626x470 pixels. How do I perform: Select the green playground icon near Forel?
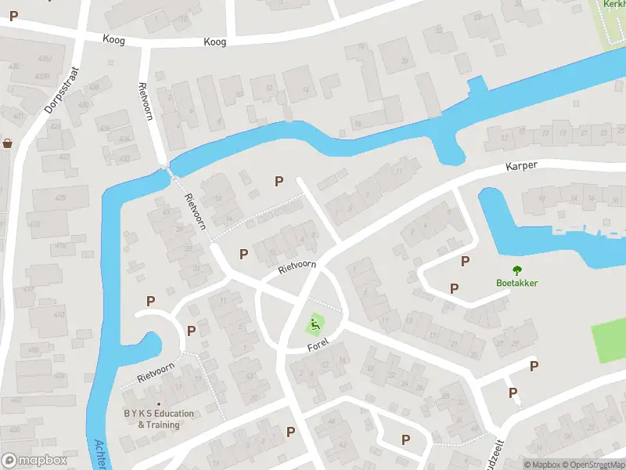315,323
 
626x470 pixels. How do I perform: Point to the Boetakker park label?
516,284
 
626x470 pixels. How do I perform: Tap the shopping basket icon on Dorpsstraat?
8,143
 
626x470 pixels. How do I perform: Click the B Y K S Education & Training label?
158,419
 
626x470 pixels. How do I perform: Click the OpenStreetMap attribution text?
594,465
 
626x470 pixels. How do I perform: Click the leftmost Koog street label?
113,38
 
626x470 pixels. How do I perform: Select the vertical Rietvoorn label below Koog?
144,102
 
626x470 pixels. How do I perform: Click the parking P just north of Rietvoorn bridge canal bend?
279,181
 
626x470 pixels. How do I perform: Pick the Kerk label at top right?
613,4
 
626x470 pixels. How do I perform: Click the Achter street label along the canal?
99,454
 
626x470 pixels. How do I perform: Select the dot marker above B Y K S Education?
158,404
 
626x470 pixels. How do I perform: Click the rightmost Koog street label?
214,42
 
